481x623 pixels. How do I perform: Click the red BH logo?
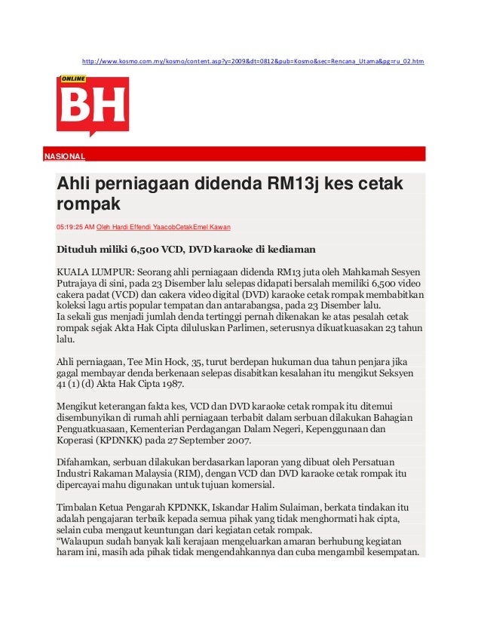tap(92, 106)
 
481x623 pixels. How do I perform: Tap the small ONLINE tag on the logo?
tap(73, 79)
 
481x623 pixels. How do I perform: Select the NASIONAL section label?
tap(64, 157)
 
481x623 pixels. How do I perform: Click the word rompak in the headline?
tap(89, 204)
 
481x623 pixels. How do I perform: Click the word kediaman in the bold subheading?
tap(283, 248)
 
